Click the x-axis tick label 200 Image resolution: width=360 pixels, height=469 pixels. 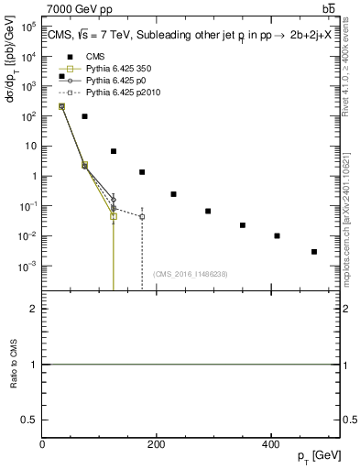[x=156, y=444]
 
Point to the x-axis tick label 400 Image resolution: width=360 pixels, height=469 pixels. [x=269, y=444]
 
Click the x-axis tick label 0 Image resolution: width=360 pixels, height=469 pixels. [x=42, y=444]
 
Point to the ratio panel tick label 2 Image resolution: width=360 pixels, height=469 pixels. [x=33, y=310]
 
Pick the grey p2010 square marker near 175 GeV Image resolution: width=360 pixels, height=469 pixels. [x=142, y=217]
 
